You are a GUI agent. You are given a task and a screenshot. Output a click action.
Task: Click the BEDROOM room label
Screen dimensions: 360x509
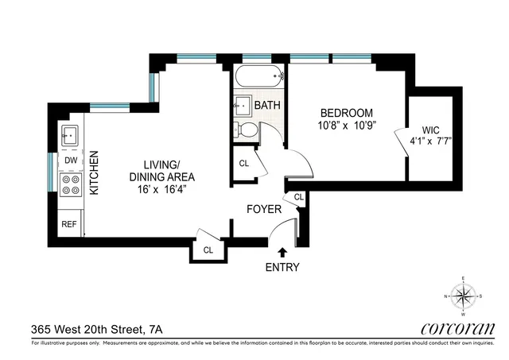point(342,112)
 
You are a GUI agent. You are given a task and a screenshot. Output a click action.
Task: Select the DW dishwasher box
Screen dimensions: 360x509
point(70,160)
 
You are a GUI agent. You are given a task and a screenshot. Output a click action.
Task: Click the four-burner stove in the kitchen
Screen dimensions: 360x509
point(71,185)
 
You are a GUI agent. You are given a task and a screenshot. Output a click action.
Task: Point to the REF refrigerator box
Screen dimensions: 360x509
point(70,224)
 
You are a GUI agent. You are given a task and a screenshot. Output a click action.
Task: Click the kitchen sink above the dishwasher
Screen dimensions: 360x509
point(70,134)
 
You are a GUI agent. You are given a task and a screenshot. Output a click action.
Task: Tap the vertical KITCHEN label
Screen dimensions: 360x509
point(93,173)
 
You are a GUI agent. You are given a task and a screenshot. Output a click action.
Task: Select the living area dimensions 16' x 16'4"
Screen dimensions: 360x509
point(162,191)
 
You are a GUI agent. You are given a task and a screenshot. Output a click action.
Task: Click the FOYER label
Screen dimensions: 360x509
point(262,212)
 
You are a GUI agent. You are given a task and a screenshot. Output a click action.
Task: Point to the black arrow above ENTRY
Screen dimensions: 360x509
point(282,253)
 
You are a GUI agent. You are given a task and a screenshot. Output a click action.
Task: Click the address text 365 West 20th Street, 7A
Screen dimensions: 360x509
point(99,327)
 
